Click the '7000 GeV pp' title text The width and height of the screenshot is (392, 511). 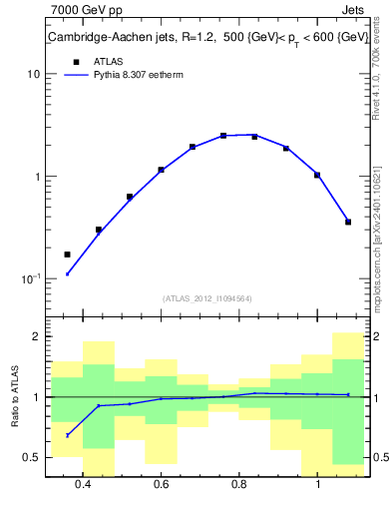coord(86,11)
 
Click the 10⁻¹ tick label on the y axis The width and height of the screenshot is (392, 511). coord(30,278)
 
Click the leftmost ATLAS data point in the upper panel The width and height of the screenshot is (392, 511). coord(68,255)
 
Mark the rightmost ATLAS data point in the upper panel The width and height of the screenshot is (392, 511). coord(348,222)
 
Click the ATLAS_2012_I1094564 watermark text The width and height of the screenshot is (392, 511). coord(206,297)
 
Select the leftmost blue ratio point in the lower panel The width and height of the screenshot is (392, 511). coord(68,435)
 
